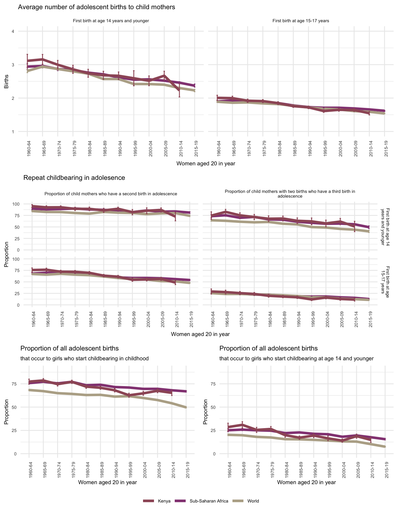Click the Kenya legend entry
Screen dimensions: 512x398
click(164, 501)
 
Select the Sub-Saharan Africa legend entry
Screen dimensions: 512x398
click(209, 501)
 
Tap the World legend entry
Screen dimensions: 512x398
click(253, 501)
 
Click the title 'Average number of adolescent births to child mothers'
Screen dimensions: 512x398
click(97, 7)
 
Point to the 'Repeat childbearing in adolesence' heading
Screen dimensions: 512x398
click(74, 178)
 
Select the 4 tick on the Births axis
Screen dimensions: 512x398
click(13, 31)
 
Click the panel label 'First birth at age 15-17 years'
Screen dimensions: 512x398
click(301, 21)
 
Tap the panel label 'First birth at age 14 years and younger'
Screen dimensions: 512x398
click(111, 21)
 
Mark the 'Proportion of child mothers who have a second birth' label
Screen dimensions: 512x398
click(111, 194)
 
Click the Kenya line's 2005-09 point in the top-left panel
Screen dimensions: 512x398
click(164, 76)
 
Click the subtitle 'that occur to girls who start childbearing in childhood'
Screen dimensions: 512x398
click(84, 359)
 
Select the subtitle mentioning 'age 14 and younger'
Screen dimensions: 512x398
click(296, 359)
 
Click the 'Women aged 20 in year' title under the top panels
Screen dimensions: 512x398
click(206, 164)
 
